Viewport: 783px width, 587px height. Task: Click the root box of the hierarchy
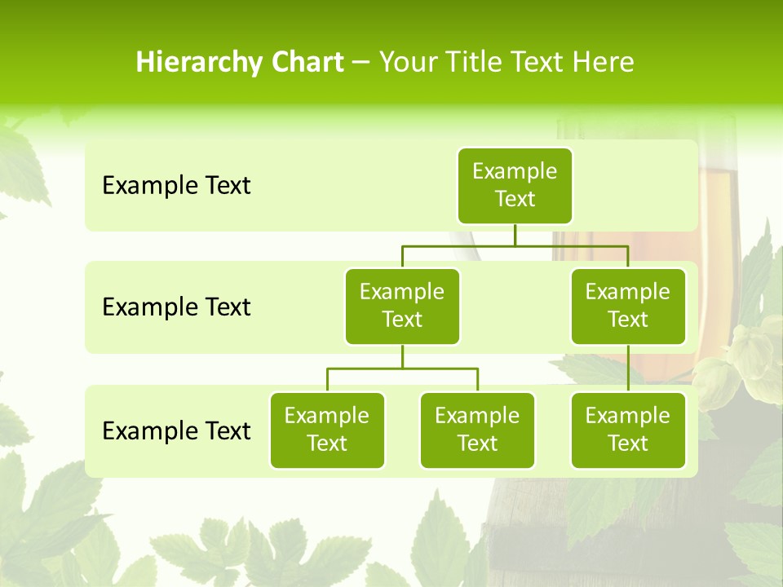coord(515,185)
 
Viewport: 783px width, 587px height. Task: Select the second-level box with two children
coord(402,306)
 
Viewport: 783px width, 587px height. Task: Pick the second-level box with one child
coord(627,306)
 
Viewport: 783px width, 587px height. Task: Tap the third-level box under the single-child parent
coord(627,430)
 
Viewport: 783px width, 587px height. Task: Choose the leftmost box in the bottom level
coord(327,430)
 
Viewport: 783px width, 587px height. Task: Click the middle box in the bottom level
coord(477,430)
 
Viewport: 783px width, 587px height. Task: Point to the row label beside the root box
coord(176,186)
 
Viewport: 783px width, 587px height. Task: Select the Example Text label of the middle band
coord(176,307)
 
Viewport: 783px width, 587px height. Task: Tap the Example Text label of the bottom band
coord(176,430)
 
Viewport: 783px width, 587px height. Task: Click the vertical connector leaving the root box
coord(515,235)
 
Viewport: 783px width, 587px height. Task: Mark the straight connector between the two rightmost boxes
coord(627,369)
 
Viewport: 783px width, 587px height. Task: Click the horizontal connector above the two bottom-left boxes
coord(402,369)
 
